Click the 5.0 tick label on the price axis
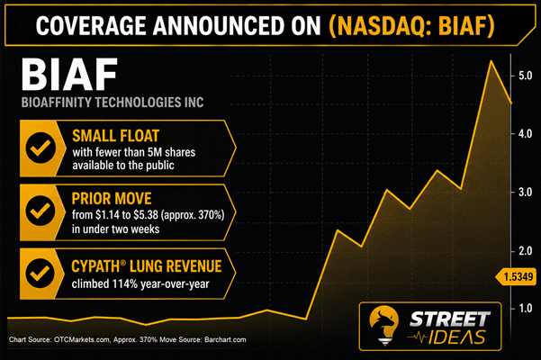[x=525, y=76]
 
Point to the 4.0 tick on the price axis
[x=525, y=133]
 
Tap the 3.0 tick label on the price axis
[x=525, y=192]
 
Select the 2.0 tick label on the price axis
[x=525, y=251]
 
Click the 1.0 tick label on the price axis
[x=525, y=308]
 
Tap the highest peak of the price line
[x=491, y=61]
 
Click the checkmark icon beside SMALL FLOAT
[x=41, y=148]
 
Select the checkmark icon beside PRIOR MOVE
[x=41, y=211]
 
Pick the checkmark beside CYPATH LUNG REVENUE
[x=41, y=273]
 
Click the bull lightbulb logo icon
[x=383, y=325]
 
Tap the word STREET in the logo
[x=449, y=319]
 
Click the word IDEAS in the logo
[x=457, y=337]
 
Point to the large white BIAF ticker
[x=69, y=75]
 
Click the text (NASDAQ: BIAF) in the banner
[x=411, y=25]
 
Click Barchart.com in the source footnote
[x=225, y=339]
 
